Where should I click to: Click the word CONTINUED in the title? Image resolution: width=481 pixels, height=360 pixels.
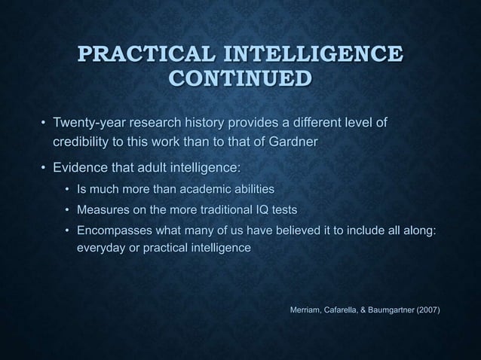click(x=240, y=78)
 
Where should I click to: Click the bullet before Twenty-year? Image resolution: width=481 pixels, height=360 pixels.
click(x=43, y=123)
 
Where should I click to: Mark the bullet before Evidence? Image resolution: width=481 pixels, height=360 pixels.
click(x=43, y=167)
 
